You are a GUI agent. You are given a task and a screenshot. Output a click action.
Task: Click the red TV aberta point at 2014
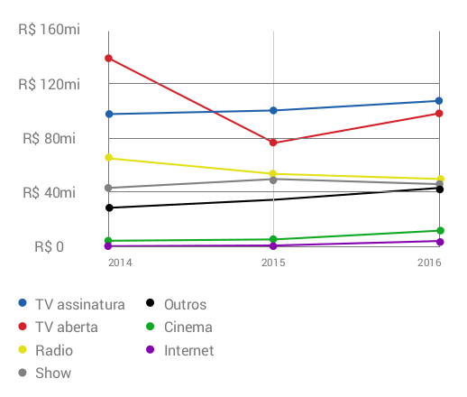[108, 58]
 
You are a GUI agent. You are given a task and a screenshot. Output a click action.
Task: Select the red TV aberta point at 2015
[273, 143]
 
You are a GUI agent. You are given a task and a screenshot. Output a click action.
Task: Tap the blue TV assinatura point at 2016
[439, 101]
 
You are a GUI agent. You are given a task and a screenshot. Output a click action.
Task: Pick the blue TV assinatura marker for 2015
[273, 110]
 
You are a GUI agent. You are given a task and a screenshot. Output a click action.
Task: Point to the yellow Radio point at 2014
[109, 158]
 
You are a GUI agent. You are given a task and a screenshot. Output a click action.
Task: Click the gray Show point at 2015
[273, 180]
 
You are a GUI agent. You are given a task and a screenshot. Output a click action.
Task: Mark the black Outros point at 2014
[109, 208]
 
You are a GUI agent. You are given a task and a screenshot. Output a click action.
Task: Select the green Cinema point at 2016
[440, 231]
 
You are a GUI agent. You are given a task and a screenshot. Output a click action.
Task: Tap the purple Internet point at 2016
[440, 242]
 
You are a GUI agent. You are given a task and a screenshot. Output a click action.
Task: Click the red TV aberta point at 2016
[439, 114]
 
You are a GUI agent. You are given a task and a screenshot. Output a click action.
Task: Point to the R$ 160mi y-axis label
[50, 30]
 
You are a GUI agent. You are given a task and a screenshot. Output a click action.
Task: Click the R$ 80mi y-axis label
[50, 139]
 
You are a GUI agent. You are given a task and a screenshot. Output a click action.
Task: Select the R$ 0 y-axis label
[50, 247]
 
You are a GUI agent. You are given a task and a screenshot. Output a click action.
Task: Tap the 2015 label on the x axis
[273, 263]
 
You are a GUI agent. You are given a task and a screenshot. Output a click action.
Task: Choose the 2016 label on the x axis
[429, 263]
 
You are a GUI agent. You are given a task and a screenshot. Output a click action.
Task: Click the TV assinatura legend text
[80, 305]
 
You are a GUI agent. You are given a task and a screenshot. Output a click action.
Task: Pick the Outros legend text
[186, 305]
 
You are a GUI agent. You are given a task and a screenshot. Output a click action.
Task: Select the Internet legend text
[189, 350]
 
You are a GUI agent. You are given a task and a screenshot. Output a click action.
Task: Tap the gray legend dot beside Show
[23, 373]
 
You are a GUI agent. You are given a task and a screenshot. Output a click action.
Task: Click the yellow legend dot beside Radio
[23, 349]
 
